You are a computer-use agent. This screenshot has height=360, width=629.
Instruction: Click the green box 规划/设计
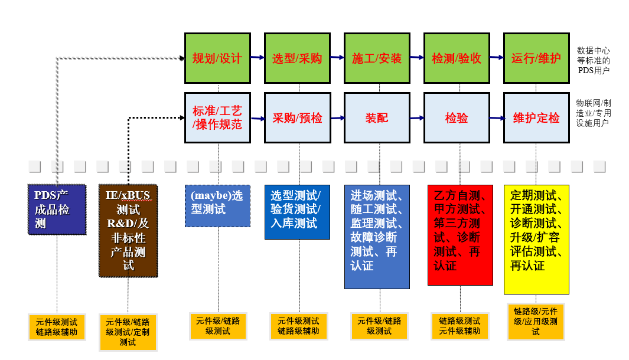pyautogui.click(x=217, y=58)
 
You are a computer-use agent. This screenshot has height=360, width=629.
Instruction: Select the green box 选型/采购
pyautogui.click(x=297, y=58)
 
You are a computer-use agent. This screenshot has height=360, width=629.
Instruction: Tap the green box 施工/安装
pyautogui.click(x=377, y=58)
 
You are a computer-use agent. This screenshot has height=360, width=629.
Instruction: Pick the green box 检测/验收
pyautogui.click(x=457, y=58)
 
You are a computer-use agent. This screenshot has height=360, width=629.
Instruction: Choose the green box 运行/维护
pyautogui.click(x=536, y=58)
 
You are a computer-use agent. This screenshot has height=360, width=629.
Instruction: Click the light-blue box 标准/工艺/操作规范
pyautogui.click(x=217, y=117)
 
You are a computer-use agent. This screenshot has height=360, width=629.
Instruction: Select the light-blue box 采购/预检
pyautogui.click(x=297, y=117)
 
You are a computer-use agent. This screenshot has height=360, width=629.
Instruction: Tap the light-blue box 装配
pyautogui.click(x=377, y=117)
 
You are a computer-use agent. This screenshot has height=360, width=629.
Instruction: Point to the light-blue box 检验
pyautogui.click(x=457, y=117)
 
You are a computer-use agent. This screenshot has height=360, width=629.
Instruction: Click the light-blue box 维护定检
pyautogui.click(x=536, y=117)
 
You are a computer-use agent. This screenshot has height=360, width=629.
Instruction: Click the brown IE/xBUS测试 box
pyautogui.click(x=128, y=230)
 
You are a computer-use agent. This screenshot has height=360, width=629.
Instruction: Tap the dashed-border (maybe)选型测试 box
pyautogui.click(x=217, y=206)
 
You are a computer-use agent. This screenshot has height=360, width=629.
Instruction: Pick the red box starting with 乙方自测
pyautogui.click(x=460, y=235)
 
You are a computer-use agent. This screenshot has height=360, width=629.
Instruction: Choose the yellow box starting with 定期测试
pyautogui.click(x=536, y=239)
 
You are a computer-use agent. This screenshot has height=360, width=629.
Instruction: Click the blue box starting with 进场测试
pyautogui.click(x=377, y=237)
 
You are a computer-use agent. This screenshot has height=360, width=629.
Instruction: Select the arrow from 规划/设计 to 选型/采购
pyautogui.click(x=257, y=57)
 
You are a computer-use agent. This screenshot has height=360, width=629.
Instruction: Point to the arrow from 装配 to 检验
pyautogui.click(x=416, y=117)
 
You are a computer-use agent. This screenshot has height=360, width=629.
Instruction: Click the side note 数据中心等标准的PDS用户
pyautogui.click(x=594, y=60)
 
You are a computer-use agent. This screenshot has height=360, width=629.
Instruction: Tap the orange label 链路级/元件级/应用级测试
pyautogui.click(x=536, y=322)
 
